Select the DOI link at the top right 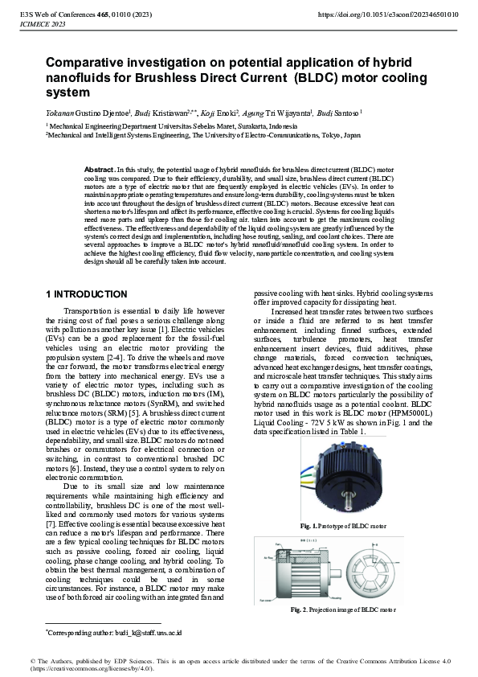pos(389,14)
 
